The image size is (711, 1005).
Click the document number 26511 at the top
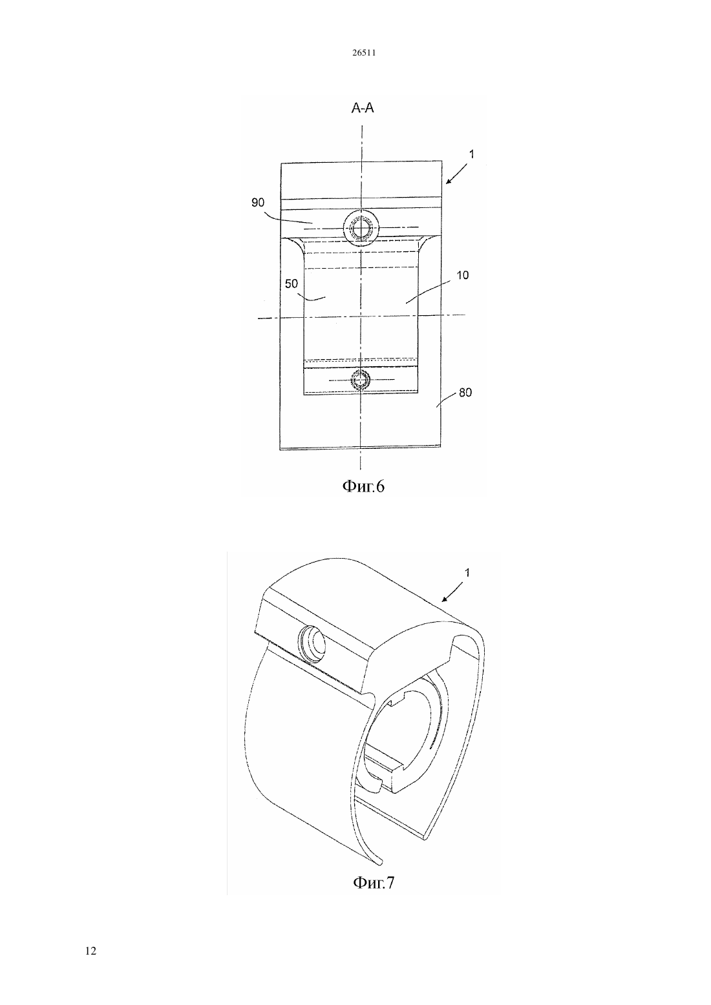(x=363, y=53)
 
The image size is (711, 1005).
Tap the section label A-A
(x=363, y=108)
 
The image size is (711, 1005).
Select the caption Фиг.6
(x=363, y=486)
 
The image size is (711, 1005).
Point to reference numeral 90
(x=258, y=203)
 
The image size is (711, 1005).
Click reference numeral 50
(x=292, y=284)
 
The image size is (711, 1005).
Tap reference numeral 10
(x=462, y=275)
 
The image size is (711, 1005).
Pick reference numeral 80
(x=465, y=393)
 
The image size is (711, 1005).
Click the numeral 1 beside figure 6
(x=471, y=154)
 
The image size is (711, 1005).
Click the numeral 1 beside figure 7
(x=468, y=573)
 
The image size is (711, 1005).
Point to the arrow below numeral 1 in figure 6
(x=456, y=174)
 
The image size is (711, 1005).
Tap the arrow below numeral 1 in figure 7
(x=453, y=592)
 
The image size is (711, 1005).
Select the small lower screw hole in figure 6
(x=361, y=380)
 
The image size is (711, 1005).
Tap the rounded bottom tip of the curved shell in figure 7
(x=380, y=860)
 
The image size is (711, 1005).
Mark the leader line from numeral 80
(x=447, y=400)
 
